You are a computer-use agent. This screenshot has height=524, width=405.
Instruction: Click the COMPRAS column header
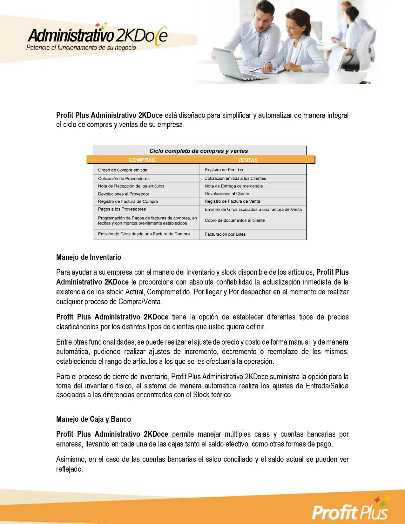pos(142,160)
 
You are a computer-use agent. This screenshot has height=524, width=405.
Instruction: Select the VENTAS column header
pos(247,160)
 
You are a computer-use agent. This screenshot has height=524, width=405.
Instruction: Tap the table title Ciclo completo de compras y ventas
pos(199,151)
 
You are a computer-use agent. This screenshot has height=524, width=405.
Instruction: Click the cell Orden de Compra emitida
pos(123,170)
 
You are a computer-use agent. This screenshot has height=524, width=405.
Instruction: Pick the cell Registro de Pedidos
pos(224,170)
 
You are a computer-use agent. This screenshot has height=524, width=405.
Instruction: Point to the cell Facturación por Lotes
pos(225,234)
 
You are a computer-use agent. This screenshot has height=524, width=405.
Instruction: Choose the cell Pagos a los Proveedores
pos(122,209)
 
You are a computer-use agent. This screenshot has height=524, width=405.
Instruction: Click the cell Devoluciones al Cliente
pos(227,193)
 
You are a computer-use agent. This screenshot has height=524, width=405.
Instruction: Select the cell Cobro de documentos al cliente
pos(235,220)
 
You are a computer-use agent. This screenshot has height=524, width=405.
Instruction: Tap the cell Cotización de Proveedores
pos(124,178)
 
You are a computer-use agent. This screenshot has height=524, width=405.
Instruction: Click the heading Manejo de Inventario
pos(89,257)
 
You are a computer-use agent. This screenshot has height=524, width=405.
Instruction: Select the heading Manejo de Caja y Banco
pos(93,419)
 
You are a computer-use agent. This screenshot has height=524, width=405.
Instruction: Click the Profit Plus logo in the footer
pos(350,510)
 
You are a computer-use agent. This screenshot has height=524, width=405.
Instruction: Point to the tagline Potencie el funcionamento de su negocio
pos(81,48)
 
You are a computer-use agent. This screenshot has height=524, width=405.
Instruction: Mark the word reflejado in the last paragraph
pos(69,469)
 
